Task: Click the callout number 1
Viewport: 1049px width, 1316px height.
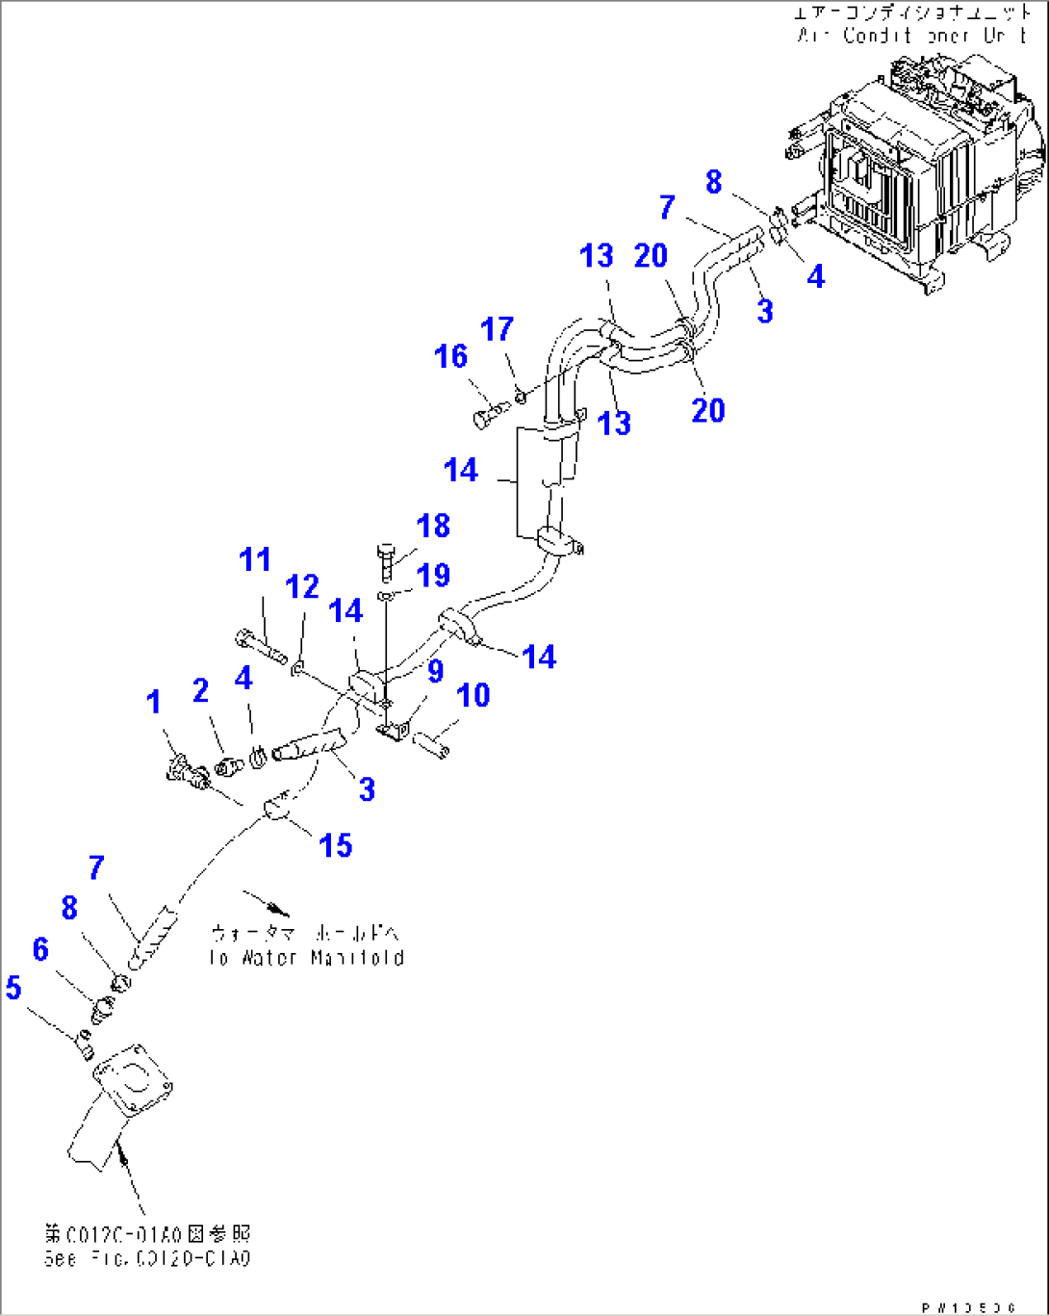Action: click(154, 703)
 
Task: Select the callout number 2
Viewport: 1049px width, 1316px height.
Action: click(200, 690)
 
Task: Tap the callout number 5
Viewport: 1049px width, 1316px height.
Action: click(13, 987)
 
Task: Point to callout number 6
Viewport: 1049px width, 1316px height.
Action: click(39, 949)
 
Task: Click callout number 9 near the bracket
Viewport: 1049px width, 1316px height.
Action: click(436, 671)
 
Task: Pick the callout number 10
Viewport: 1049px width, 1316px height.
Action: click(473, 695)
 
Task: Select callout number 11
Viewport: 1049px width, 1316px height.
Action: click(255, 559)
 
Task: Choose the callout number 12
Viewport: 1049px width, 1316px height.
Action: click(302, 586)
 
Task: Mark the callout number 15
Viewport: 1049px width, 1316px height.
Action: click(335, 845)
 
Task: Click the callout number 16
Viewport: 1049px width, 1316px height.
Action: click(450, 357)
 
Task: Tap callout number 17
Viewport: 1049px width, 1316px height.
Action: click(497, 329)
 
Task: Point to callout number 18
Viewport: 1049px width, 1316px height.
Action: click(433, 526)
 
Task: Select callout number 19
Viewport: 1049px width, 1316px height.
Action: click(433, 575)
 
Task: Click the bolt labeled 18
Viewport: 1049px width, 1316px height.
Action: click(387, 561)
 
